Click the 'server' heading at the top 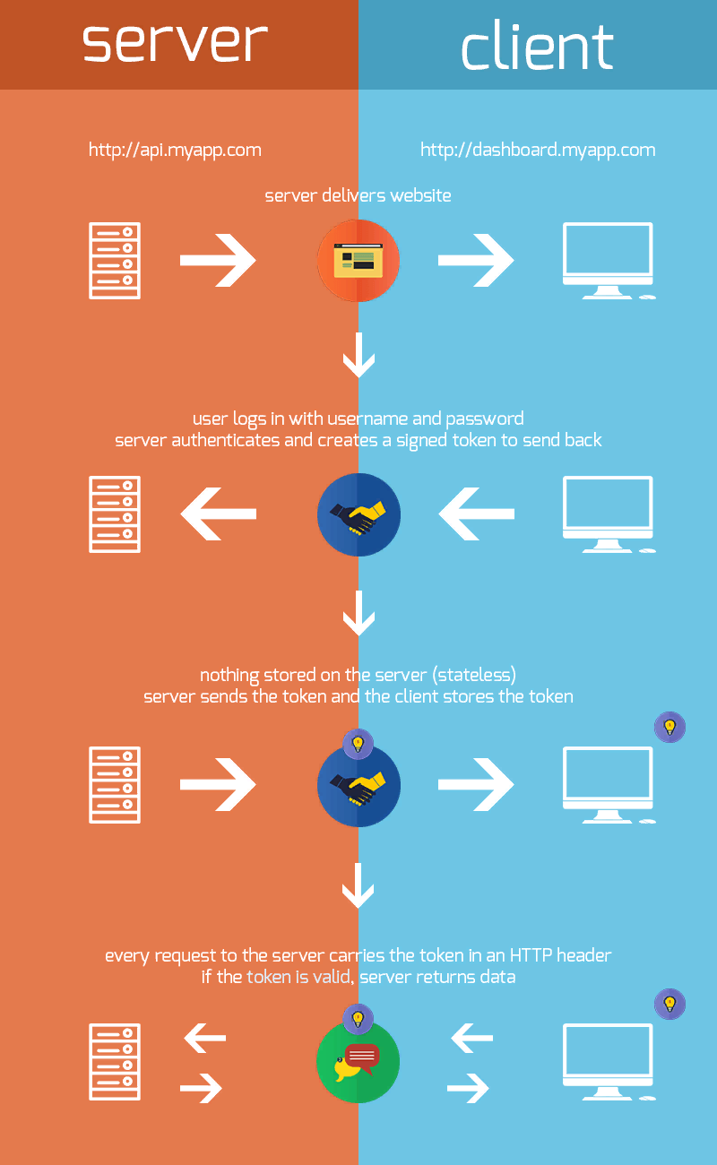[176, 42]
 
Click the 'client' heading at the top [537, 47]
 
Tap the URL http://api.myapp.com [175, 150]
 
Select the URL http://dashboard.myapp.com [538, 150]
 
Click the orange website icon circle [358, 261]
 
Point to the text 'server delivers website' [358, 195]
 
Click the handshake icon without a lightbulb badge [358, 514]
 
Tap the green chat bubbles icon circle [358, 1062]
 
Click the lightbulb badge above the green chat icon [358, 1019]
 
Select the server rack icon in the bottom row [115, 1062]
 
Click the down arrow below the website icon [358, 356]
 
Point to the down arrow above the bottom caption [358, 887]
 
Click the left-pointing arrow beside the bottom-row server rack [205, 1039]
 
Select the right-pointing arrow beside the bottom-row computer [469, 1088]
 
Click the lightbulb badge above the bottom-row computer [669, 1004]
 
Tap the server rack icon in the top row [115, 261]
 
